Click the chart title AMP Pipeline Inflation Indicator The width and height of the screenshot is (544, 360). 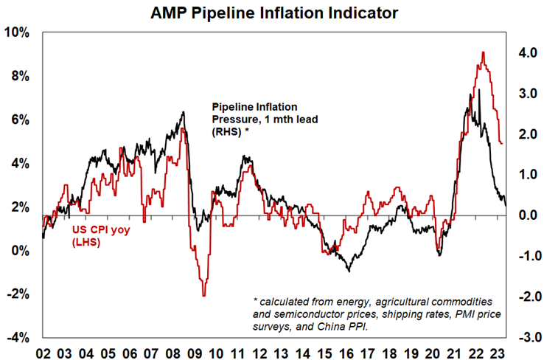pos(272,12)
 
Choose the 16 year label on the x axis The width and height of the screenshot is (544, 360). pos(346,350)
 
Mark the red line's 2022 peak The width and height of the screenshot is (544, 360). pos(482,52)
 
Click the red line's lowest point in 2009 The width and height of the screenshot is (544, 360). pos(203,296)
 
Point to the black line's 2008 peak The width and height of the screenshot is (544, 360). pos(183,112)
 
